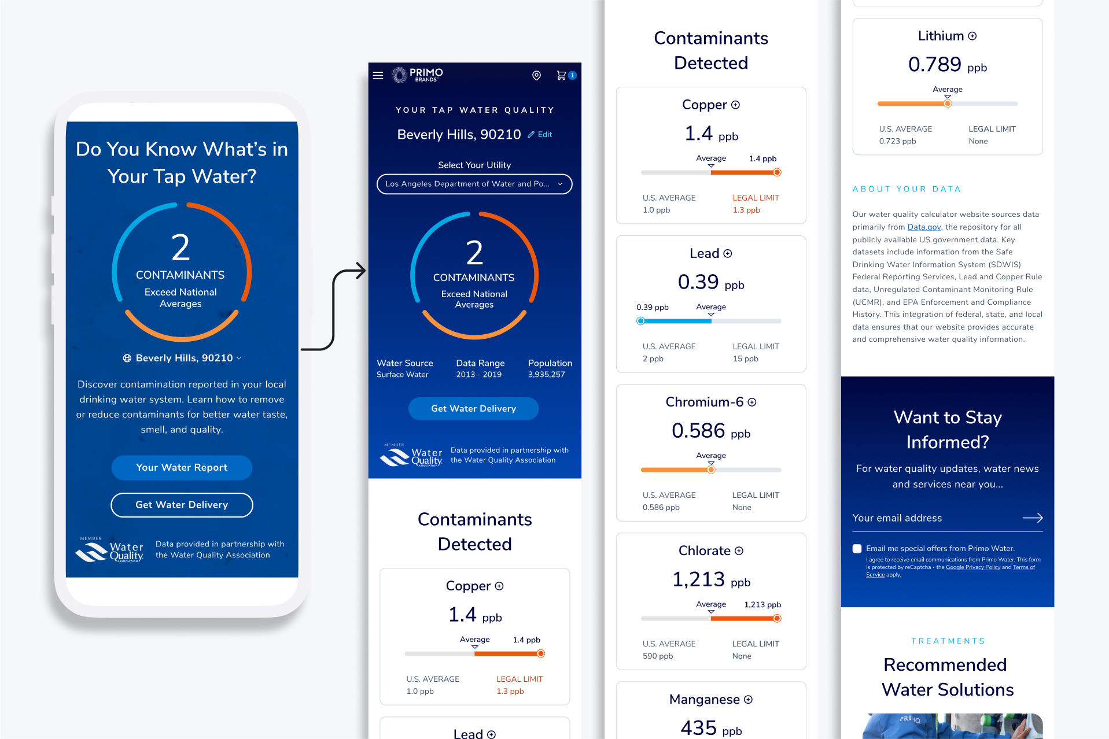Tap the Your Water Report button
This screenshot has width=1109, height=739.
point(182,467)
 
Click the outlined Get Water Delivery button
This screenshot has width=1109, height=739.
point(182,505)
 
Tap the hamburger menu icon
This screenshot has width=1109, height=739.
point(378,75)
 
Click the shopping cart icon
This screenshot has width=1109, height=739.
point(561,75)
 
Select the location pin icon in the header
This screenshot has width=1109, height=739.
point(536,75)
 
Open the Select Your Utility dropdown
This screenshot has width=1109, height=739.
point(474,184)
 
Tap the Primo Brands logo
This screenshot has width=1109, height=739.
point(418,75)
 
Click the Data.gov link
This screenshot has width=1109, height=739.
point(924,227)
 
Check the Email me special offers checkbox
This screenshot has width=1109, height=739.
point(857,549)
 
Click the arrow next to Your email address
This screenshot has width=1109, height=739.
point(1033,518)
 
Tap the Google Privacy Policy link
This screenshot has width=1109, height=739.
point(972,567)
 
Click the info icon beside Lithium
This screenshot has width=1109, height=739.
point(972,36)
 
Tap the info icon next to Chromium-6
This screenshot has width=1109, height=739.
point(752,402)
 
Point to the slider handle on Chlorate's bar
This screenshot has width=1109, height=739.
point(777,618)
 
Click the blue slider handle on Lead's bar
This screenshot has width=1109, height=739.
point(640,321)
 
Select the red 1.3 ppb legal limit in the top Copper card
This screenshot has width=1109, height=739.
point(746,210)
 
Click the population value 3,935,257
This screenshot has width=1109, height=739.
point(546,375)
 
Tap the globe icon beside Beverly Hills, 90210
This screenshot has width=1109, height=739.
point(127,358)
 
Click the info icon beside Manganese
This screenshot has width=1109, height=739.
point(748,700)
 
